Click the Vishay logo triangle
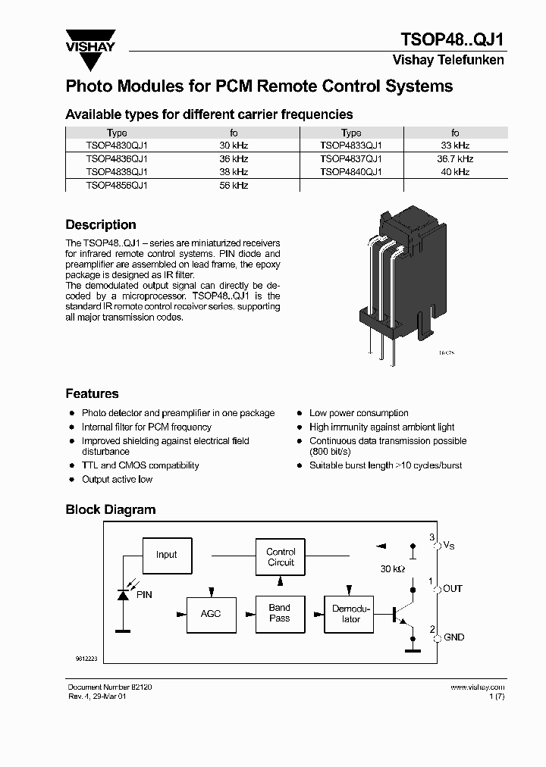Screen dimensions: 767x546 point(90,45)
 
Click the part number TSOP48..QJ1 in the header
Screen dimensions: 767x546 point(451,39)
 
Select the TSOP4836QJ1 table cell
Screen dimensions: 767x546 point(117,159)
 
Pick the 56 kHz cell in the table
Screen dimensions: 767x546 point(234,186)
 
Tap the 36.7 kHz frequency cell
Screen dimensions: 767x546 point(455,159)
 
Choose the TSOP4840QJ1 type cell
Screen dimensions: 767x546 point(351,172)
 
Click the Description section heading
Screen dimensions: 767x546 point(101,225)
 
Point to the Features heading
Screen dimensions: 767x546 point(92,394)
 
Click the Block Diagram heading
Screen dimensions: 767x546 point(110,510)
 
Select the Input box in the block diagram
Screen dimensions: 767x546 point(166,555)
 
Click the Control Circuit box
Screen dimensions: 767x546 point(281,557)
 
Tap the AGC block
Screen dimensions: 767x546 point(211,613)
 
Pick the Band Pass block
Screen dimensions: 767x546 point(279,613)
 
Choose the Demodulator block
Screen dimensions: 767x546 point(351,614)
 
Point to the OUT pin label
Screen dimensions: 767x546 point(453,589)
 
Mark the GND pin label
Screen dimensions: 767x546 point(453,637)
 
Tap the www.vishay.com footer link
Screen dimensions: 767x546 point(477,687)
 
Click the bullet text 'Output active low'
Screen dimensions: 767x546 point(117,480)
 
